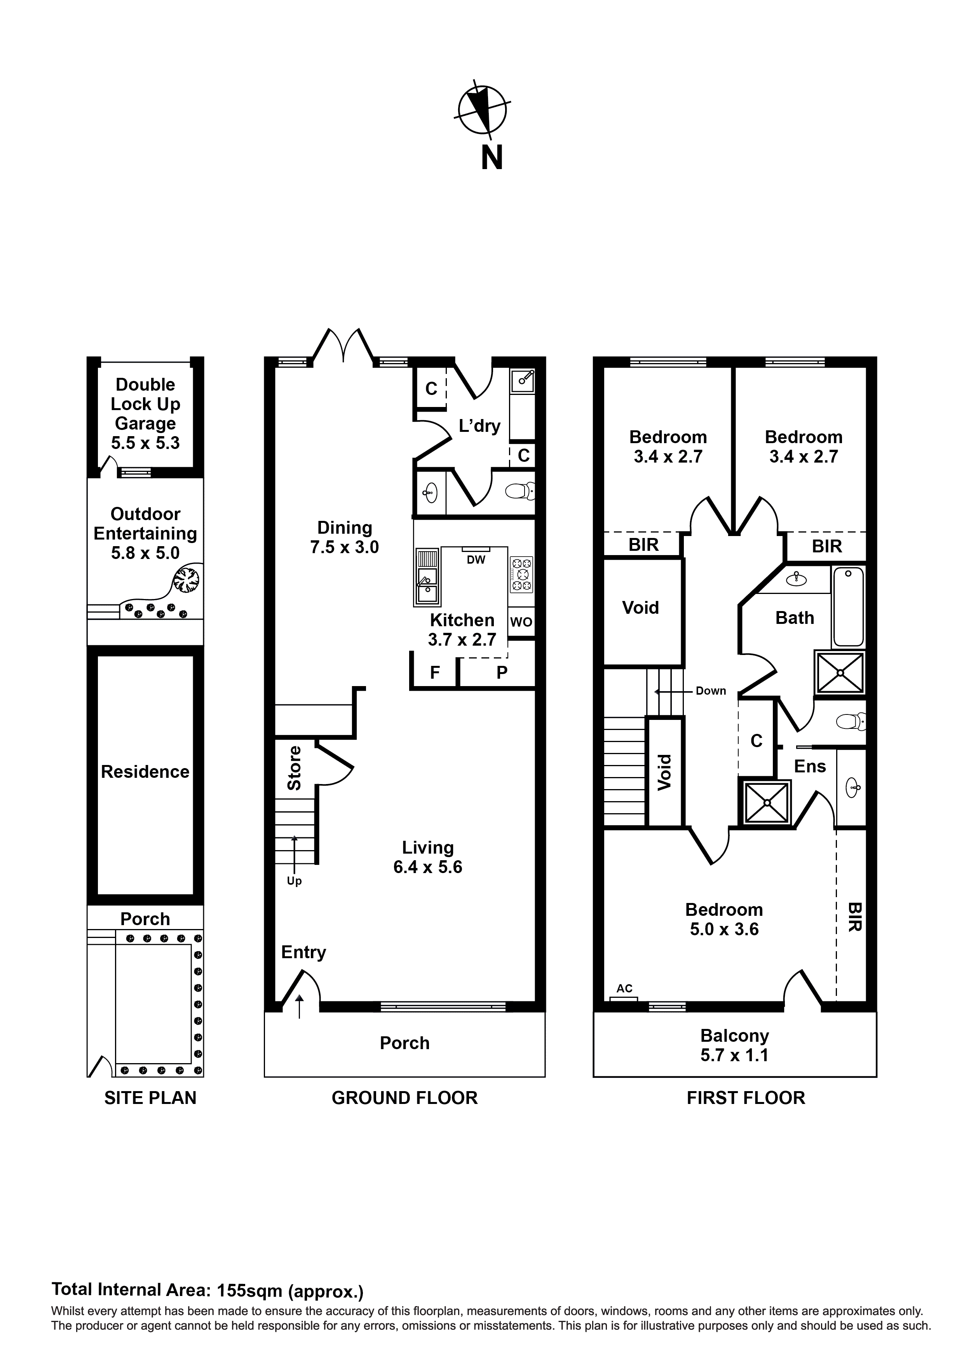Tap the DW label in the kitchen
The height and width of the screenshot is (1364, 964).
(476, 560)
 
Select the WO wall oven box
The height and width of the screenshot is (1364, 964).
(521, 622)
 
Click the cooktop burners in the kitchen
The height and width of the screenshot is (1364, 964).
(521, 575)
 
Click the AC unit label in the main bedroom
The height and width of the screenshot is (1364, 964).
(624, 989)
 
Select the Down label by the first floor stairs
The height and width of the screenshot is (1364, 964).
(711, 691)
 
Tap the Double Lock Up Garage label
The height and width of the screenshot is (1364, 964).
(146, 404)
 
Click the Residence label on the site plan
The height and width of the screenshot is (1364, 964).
(146, 772)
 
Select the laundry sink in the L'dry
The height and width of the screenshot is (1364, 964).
(523, 380)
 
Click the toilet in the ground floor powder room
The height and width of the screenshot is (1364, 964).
(520, 491)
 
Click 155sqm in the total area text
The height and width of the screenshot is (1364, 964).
(249, 1290)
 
